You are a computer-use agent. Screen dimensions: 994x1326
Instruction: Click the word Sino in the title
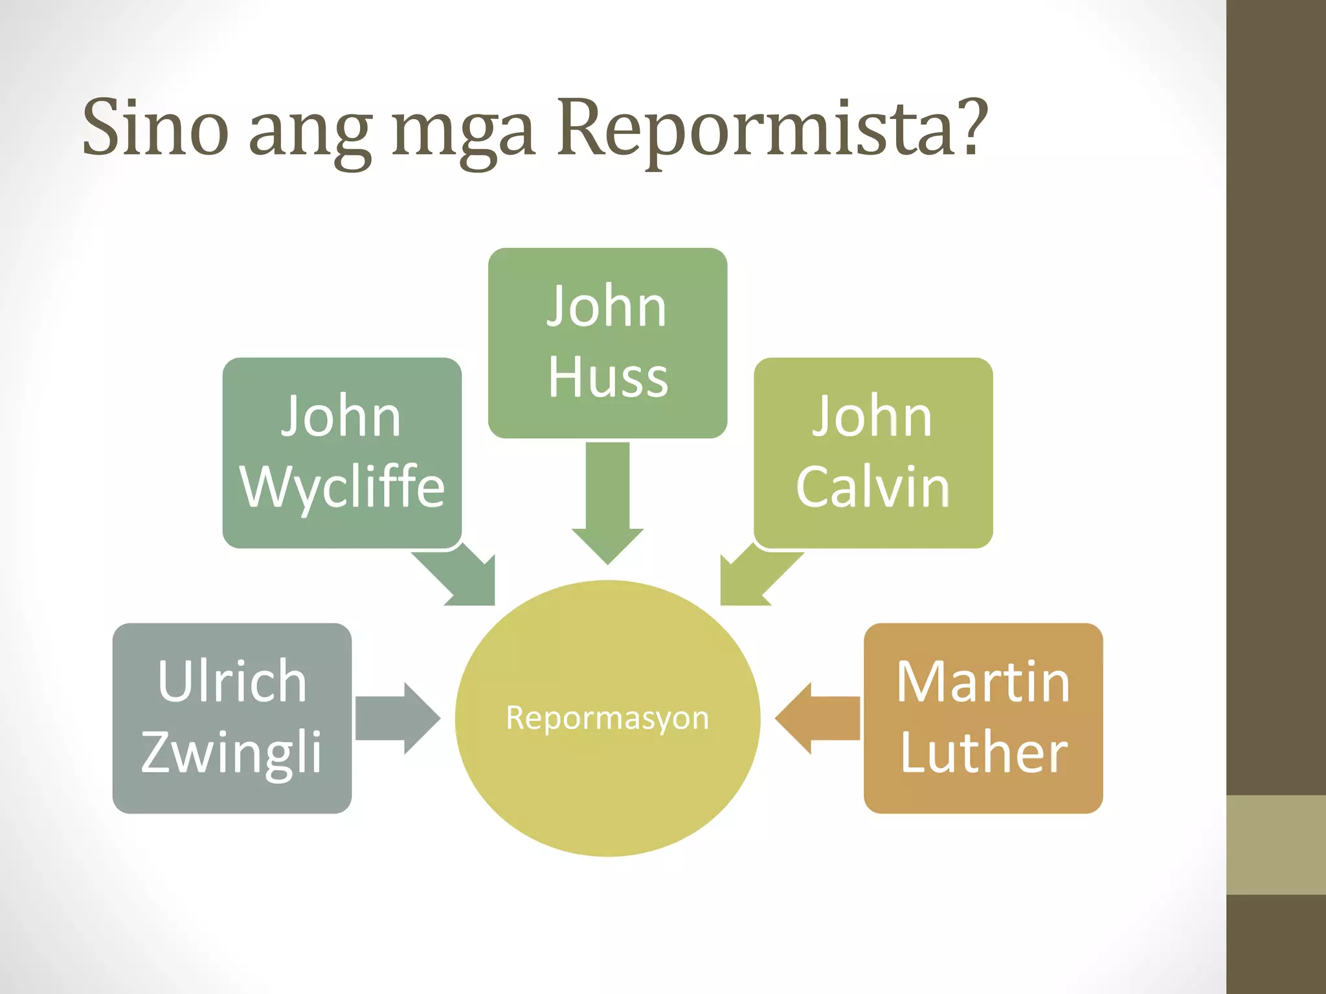click(x=155, y=127)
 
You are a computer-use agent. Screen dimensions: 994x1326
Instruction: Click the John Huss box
click(x=607, y=342)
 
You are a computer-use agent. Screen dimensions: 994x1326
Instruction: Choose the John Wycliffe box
click(x=342, y=452)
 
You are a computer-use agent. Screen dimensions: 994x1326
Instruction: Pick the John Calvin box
click(x=873, y=452)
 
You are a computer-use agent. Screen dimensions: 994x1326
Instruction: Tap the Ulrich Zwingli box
click(x=232, y=718)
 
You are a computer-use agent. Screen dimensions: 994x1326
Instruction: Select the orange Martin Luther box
click(x=983, y=718)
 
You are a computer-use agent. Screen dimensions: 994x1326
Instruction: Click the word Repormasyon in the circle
click(x=607, y=718)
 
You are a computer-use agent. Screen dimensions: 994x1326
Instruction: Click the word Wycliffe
click(x=342, y=487)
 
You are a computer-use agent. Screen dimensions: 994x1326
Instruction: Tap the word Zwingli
click(x=232, y=752)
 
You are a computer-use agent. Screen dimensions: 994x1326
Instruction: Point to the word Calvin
click(x=873, y=487)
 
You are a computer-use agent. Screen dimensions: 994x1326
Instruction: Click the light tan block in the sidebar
click(x=1275, y=845)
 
